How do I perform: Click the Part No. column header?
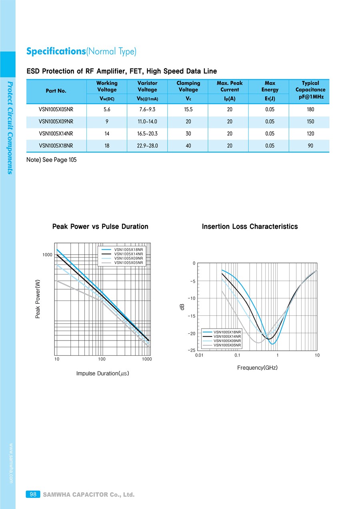pyautogui.click(x=56, y=91)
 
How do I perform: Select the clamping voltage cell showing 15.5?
pyautogui.click(x=188, y=110)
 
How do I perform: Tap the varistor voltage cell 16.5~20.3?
pyautogui.click(x=147, y=134)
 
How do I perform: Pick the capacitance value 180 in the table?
pyautogui.click(x=310, y=110)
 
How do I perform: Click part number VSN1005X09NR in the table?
pyautogui.click(x=56, y=122)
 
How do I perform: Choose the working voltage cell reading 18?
pyautogui.click(x=107, y=146)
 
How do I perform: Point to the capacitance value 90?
pyautogui.click(x=310, y=146)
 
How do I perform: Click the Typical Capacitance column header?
pyautogui.click(x=310, y=90)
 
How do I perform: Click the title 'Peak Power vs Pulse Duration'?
pyautogui.click(x=100, y=226)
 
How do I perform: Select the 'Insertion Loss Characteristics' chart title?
pyautogui.click(x=250, y=226)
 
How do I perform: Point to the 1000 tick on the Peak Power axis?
pyautogui.click(x=47, y=255)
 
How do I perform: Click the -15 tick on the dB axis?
pyautogui.click(x=192, y=316)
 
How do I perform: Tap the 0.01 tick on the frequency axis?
pyautogui.click(x=199, y=355)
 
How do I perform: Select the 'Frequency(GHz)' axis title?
pyautogui.click(x=257, y=368)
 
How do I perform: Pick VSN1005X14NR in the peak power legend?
pyautogui.click(x=128, y=254)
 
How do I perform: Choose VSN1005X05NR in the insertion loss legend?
pyautogui.click(x=227, y=345)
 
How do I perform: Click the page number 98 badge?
pyautogui.click(x=33, y=494)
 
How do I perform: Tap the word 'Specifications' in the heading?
pyautogui.click(x=56, y=51)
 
